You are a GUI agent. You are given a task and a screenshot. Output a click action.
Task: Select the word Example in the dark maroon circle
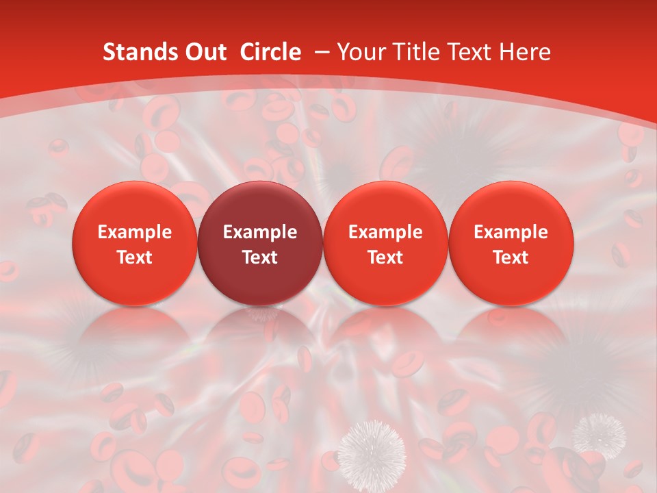[x=260, y=232]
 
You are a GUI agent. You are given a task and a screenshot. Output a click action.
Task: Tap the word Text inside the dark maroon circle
[x=260, y=257]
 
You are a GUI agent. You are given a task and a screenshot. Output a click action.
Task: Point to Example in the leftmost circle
[x=134, y=232]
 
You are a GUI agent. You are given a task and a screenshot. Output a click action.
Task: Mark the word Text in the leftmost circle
[x=134, y=257]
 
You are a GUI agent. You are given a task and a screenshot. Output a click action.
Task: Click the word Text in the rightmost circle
[x=511, y=257]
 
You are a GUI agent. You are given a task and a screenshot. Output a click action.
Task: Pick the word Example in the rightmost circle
[x=511, y=232]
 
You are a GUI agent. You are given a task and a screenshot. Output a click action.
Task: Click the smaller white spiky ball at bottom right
[x=599, y=434]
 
